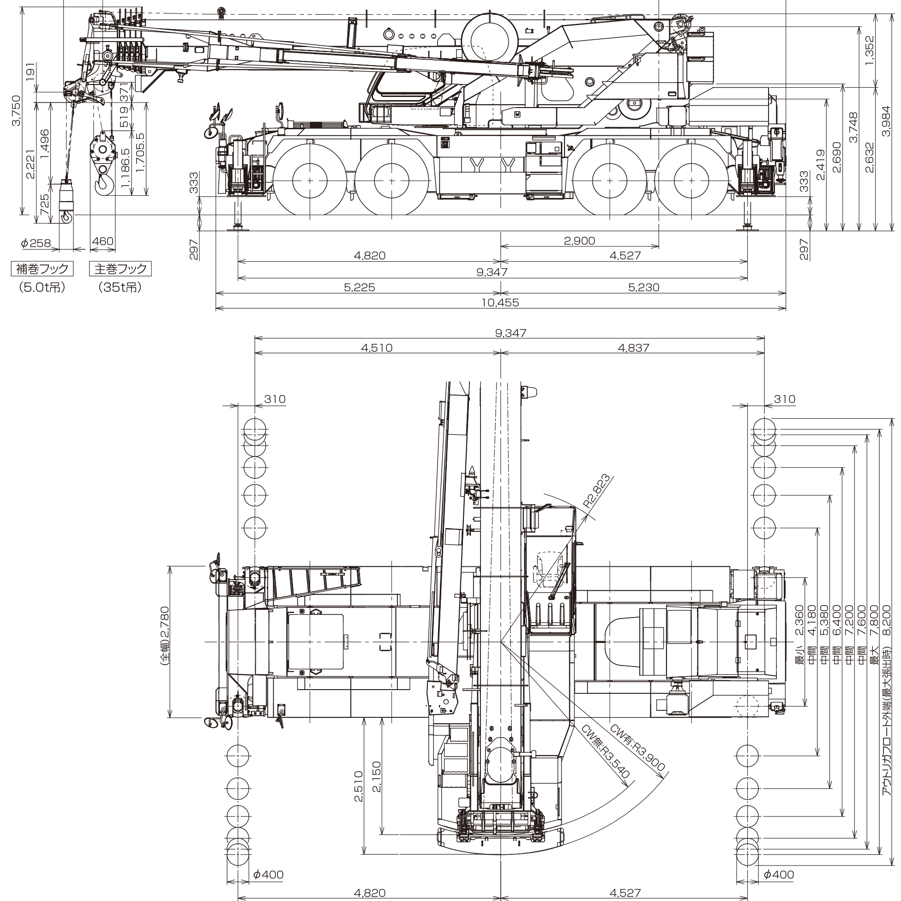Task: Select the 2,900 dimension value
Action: (579, 240)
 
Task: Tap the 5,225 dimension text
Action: (359, 288)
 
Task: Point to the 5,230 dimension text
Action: (643, 288)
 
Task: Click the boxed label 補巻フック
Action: (42, 269)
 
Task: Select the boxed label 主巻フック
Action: (120, 269)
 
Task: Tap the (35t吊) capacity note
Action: (120, 288)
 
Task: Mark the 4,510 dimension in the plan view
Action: (377, 348)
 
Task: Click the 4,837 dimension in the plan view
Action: (632, 348)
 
